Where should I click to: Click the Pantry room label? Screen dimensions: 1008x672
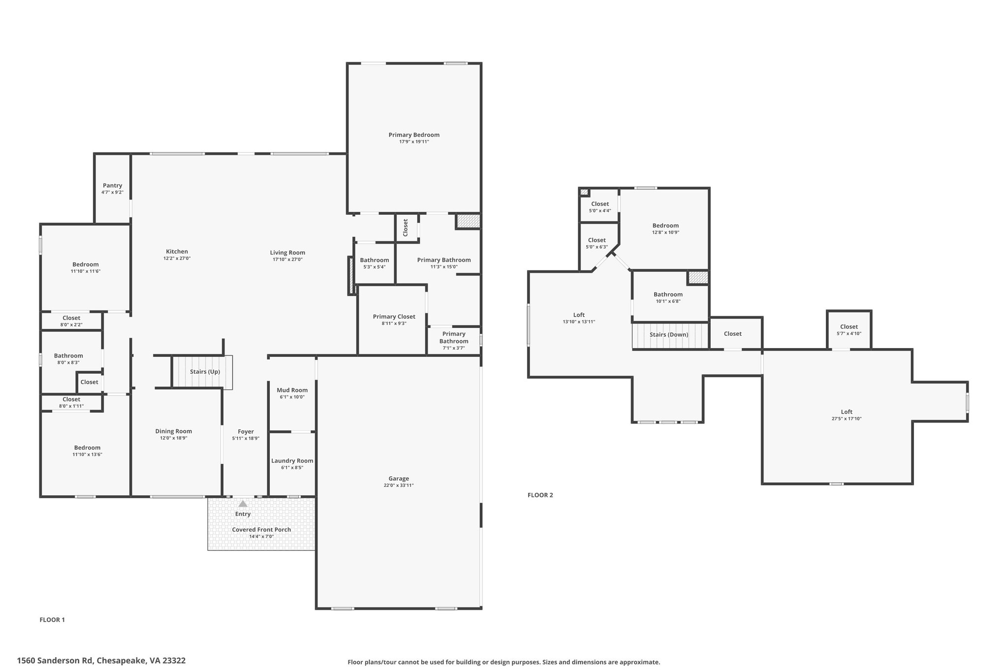(113, 186)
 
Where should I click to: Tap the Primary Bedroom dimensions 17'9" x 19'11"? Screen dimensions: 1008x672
(414, 142)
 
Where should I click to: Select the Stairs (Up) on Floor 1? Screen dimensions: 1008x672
(202, 372)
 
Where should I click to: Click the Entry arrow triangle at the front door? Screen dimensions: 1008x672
(243, 504)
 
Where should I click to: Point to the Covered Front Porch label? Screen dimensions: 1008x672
(261, 530)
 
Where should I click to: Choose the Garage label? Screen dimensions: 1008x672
(399, 479)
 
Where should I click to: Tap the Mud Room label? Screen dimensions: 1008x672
(292, 390)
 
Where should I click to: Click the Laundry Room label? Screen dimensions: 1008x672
(292, 461)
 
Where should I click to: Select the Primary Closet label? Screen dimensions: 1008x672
(394, 317)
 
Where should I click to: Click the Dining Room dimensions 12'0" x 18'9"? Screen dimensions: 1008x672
(174, 438)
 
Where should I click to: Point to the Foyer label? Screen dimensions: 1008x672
(246, 432)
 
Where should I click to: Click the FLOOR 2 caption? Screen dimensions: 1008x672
(540, 495)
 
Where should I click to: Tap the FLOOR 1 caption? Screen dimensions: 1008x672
(52, 620)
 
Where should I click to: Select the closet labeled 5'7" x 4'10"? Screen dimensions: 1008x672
(849, 330)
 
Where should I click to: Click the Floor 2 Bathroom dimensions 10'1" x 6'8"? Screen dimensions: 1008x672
(668, 301)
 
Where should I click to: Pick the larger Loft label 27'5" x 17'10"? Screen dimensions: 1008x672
(847, 415)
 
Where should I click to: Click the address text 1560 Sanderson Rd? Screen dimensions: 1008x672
(55, 661)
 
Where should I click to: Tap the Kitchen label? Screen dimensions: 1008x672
(177, 252)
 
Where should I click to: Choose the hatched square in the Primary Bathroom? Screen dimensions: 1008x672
(468, 221)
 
